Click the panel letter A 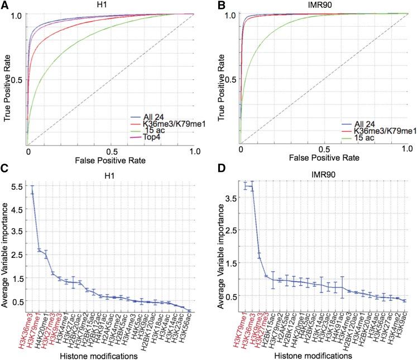4,5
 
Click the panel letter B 217,5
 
